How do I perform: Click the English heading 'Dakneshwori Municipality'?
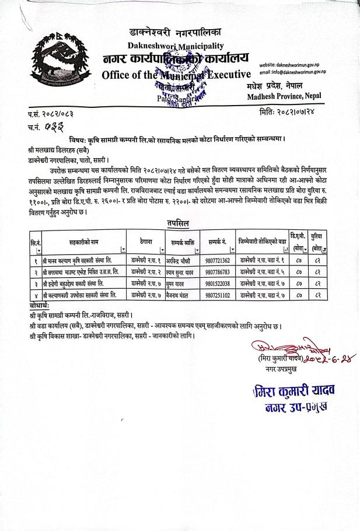point(176,46)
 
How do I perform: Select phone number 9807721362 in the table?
point(218,260)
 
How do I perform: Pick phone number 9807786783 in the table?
point(218,271)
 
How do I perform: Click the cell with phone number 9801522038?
point(218,283)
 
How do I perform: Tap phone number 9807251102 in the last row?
point(218,295)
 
